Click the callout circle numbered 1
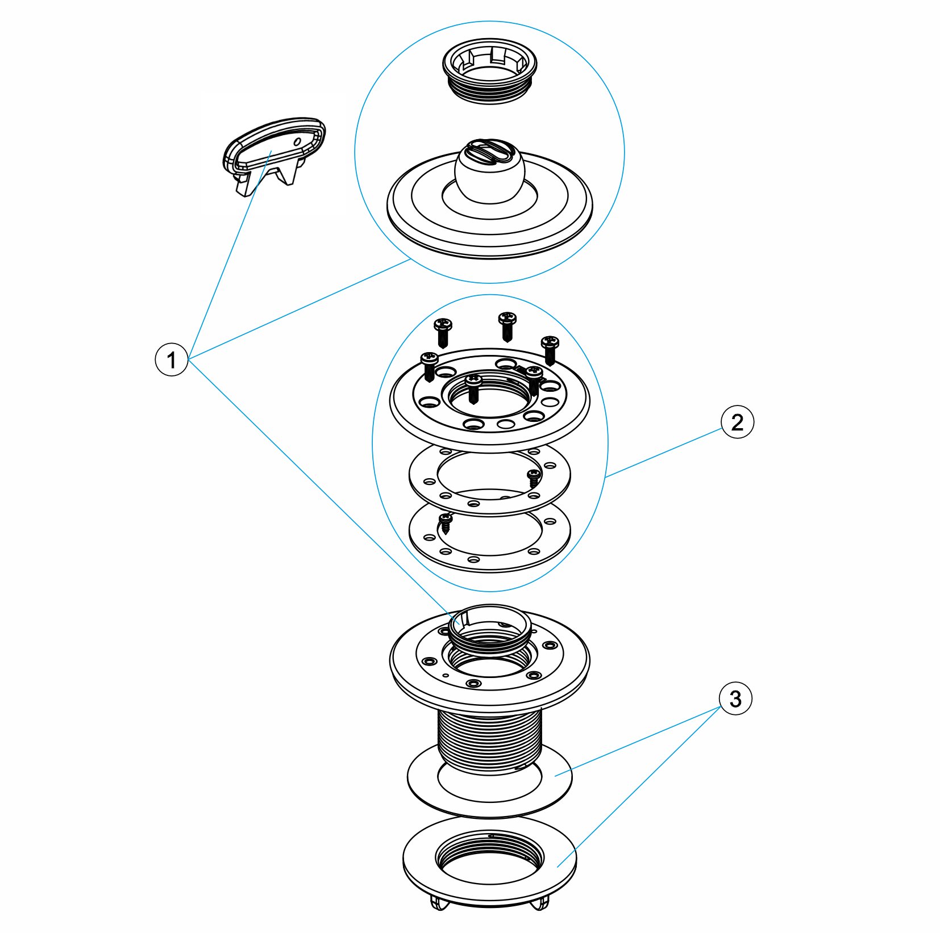click(x=171, y=359)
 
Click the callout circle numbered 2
click(x=737, y=422)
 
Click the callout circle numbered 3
click(x=735, y=698)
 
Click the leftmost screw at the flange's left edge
click(x=429, y=366)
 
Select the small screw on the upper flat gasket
click(x=534, y=478)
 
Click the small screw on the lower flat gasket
click(x=446, y=523)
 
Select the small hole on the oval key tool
click(x=297, y=141)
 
